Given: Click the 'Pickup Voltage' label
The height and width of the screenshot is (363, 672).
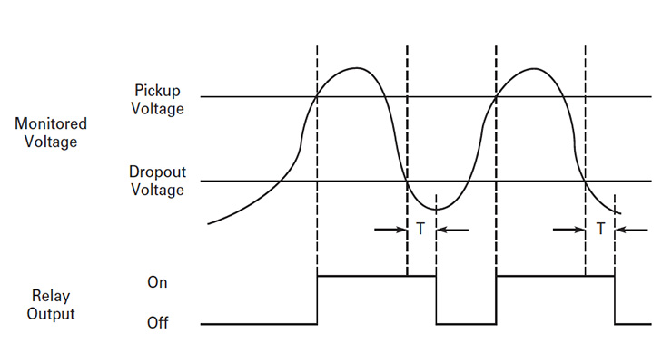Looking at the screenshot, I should tap(159, 99).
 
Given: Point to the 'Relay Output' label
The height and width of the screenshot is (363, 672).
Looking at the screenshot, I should tap(51, 304).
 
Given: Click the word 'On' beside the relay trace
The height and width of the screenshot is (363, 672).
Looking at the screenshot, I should tap(157, 282).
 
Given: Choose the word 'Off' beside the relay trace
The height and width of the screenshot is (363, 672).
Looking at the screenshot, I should tap(158, 323).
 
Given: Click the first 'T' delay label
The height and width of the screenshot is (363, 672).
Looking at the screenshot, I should tap(420, 230).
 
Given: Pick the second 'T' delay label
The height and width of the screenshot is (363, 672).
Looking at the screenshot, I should tap(600, 230).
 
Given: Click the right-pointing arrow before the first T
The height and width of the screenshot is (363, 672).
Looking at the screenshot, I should tap(390, 230).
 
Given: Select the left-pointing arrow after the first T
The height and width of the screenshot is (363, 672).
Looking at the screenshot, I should tap(452, 230).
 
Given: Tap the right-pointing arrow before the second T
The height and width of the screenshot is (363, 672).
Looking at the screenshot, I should tap(569, 230).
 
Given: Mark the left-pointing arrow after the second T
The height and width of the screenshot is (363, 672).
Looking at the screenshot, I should tap(632, 230).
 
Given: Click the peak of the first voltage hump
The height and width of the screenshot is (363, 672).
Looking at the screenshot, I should tap(359, 68).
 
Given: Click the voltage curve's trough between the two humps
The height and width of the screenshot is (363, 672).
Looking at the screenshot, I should tap(438, 209).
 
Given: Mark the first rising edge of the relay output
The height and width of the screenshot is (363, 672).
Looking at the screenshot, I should tap(317, 299).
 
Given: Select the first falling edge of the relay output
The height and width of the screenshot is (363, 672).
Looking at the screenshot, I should tap(437, 299).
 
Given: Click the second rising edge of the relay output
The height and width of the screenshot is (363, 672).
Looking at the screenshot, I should tap(496, 299).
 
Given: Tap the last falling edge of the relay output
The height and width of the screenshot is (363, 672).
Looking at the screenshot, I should tap(615, 299).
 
